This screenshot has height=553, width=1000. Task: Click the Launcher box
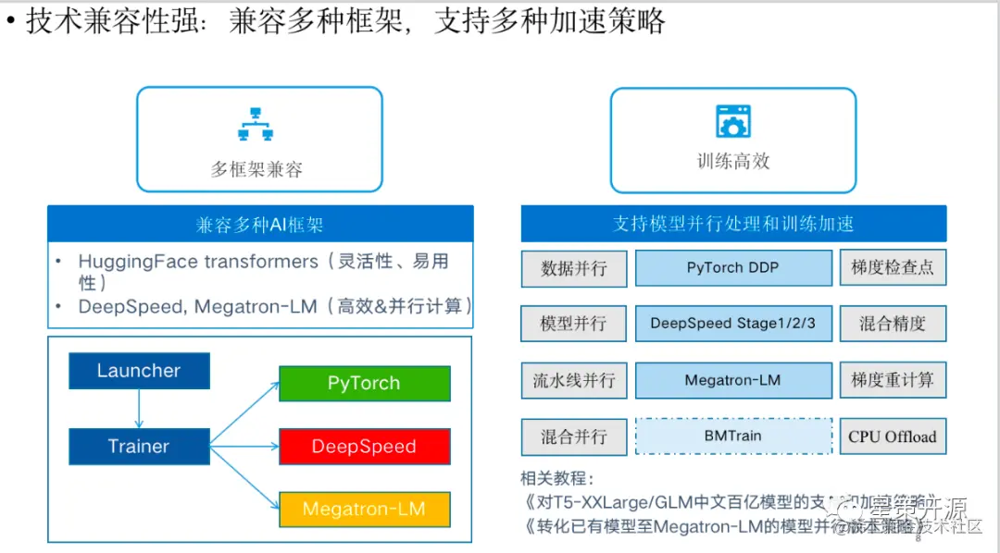pos(139,371)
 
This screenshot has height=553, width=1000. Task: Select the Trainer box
pos(139,447)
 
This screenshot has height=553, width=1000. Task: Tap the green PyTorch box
pos(364,384)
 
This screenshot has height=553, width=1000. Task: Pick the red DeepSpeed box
pos(364,447)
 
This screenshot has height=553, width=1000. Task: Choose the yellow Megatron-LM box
pos(364,510)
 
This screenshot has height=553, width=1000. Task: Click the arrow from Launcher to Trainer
pos(139,408)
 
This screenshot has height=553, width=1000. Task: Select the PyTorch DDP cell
pos(732,268)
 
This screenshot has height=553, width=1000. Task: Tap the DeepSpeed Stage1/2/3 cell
pos(732,324)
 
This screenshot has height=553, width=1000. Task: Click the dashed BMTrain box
pos(732,436)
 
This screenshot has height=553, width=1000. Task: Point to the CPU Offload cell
pos(893,436)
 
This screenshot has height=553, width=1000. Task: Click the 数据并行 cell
pos(574,268)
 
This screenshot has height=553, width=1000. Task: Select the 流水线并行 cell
pos(574,380)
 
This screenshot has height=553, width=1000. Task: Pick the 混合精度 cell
pos(893,324)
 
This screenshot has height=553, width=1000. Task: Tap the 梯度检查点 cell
pos(893,268)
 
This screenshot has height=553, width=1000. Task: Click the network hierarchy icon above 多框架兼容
pos(256,124)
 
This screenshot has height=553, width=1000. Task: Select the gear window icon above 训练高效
pos(732,121)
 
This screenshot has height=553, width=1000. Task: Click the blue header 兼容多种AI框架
pos(260,225)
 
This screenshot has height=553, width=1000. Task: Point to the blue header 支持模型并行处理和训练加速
pos(733,224)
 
